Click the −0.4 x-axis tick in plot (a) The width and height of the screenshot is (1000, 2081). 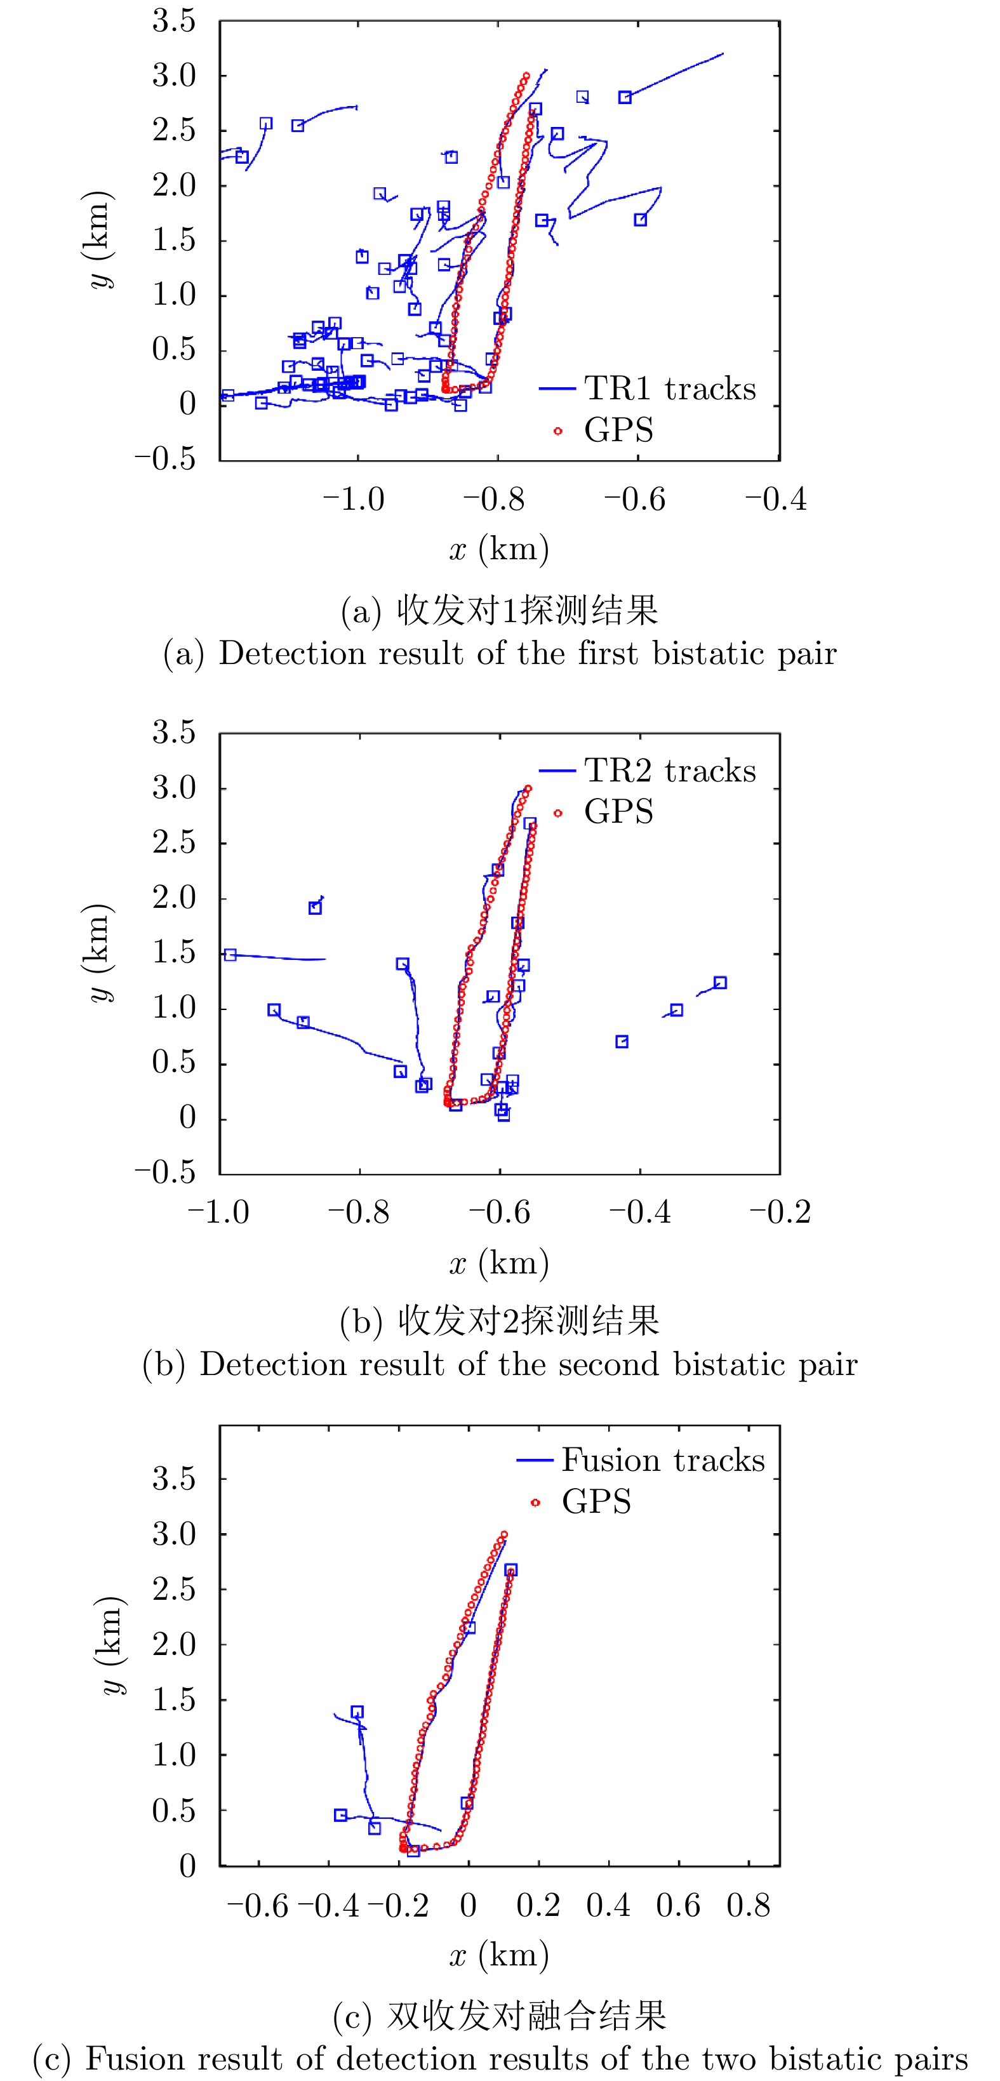point(775,499)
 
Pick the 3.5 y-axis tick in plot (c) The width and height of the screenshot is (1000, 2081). point(175,1479)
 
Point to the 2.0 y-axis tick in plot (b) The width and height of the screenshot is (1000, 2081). point(175,898)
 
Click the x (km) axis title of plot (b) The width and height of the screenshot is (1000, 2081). point(499,1263)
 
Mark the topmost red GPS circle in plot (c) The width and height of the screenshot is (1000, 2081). point(504,1534)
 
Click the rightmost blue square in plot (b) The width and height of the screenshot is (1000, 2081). point(720,982)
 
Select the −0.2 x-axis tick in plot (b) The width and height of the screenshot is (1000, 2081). point(780,1213)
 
